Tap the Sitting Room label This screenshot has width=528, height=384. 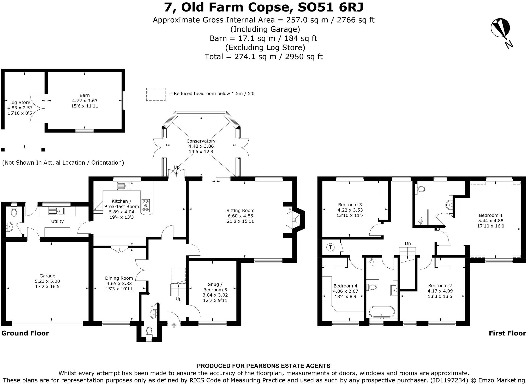(x=240, y=211)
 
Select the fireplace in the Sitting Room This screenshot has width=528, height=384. (x=294, y=219)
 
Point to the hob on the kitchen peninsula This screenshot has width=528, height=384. (x=146, y=206)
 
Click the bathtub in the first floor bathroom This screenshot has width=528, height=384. (x=382, y=312)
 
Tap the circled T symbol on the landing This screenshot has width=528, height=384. (x=331, y=247)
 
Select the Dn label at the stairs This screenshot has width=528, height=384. (x=408, y=243)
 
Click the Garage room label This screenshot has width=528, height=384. (x=47, y=276)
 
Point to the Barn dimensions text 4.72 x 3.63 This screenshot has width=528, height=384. (x=85, y=101)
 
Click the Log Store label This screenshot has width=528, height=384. (x=20, y=103)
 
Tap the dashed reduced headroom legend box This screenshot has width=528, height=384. (x=156, y=94)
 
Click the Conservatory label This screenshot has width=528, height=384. (x=201, y=141)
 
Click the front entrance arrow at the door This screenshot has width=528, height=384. (x=174, y=325)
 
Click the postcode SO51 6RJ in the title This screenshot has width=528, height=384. (x=330, y=7)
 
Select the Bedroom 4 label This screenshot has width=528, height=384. (x=345, y=286)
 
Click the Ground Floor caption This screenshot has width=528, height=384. (x=25, y=333)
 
